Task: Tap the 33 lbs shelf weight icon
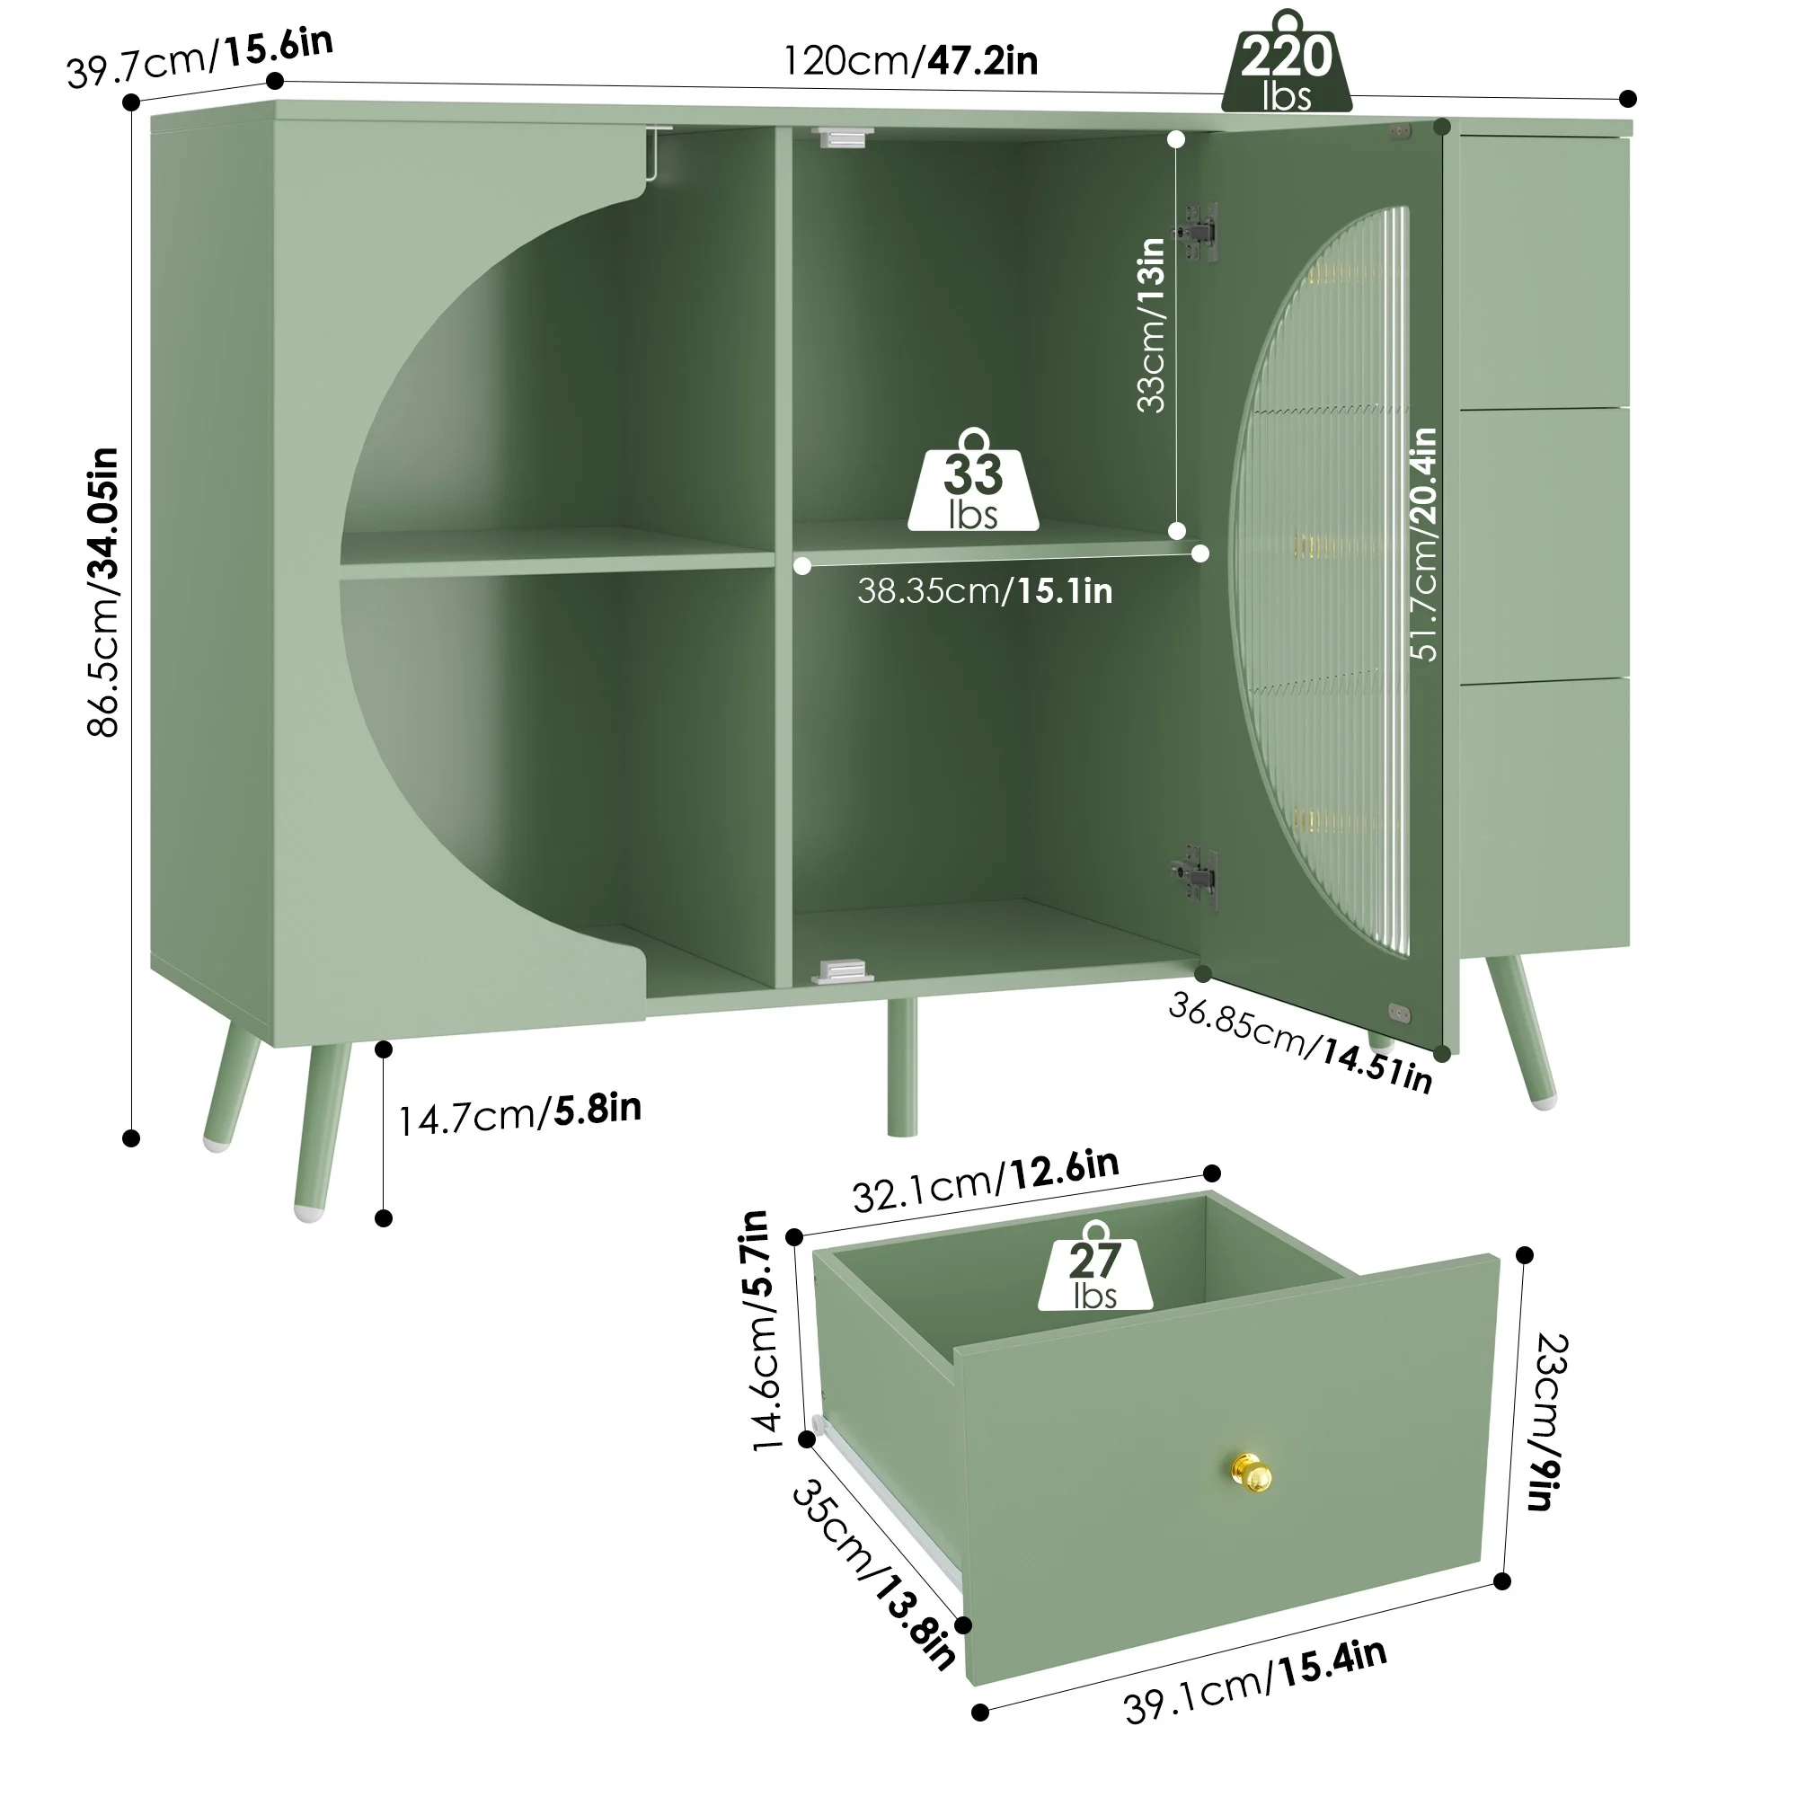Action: (x=973, y=481)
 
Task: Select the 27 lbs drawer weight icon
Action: (x=1094, y=1267)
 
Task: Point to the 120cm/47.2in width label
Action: (x=910, y=60)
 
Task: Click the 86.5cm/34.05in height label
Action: (x=103, y=592)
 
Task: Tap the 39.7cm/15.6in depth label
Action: (x=200, y=58)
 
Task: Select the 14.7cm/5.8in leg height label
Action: (x=520, y=1113)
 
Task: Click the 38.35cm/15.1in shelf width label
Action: (x=985, y=590)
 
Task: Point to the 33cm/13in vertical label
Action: (x=1151, y=324)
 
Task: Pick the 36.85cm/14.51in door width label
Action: (x=1299, y=1042)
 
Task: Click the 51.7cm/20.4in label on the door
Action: (x=1423, y=544)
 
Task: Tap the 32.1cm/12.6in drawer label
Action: (x=986, y=1182)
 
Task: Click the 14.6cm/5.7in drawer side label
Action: (x=762, y=1331)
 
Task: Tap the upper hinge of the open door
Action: (x=1197, y=229)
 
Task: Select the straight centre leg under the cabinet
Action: (x=901, y=1067)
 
